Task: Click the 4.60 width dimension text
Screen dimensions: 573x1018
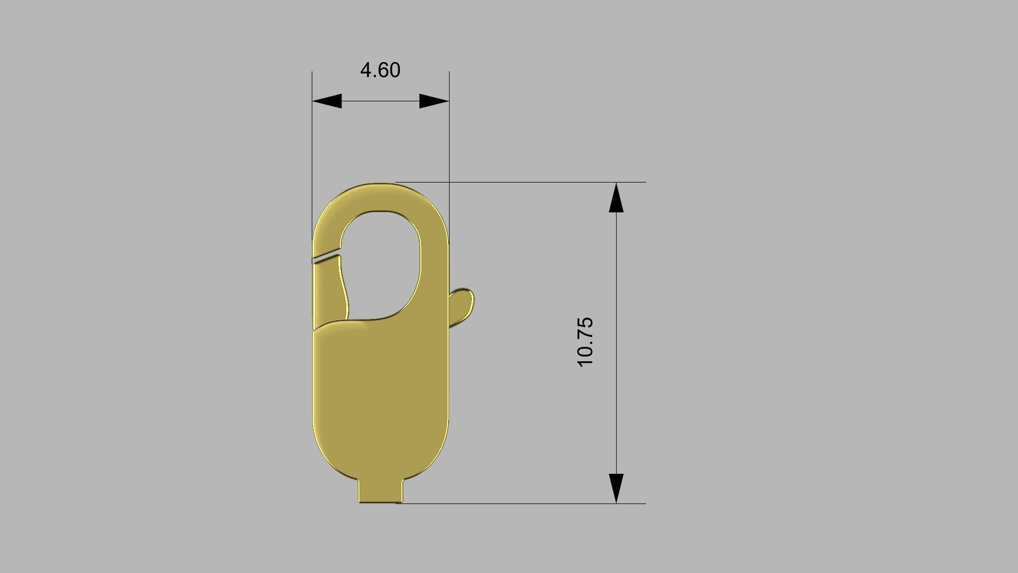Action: pos(380,70)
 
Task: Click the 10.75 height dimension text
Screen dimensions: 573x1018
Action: pos(585,342)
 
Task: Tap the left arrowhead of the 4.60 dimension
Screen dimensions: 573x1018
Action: pos(327,101)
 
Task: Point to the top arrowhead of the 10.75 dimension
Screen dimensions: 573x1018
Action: pos(616,198)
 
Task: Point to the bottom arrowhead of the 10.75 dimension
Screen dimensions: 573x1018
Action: pos(616,488)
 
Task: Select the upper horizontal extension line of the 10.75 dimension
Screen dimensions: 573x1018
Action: pos(530,182)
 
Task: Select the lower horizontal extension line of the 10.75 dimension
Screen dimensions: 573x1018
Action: pos(530,503)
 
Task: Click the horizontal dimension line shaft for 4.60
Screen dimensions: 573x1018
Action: pos(380,101)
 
